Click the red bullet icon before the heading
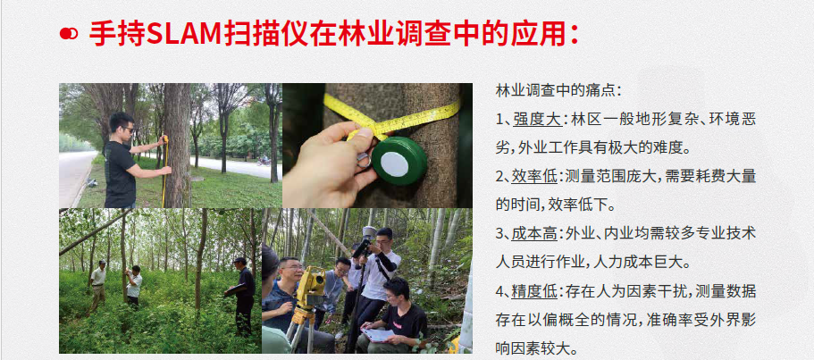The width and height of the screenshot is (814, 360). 69,34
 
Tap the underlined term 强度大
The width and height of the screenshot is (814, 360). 537,120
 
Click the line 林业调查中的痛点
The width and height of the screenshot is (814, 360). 558,91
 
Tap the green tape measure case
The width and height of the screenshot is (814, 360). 399,161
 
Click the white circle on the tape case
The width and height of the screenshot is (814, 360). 395,163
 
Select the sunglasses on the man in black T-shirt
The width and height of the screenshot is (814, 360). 127,130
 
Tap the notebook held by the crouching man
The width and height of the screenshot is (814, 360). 377,335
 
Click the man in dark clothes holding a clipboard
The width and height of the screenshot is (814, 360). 242,296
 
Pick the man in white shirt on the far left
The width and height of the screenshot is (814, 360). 97,285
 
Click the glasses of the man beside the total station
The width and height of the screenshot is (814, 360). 291,268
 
